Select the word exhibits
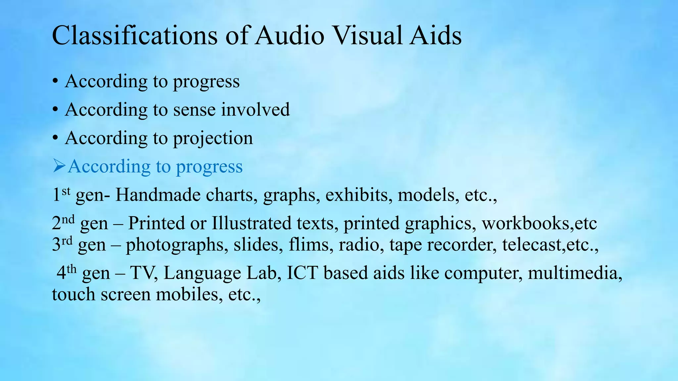click(x=357, y=195)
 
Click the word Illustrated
click(x=252, y=223)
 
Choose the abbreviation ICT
click(x=302, y=273)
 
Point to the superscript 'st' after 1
click(x=66, y=191)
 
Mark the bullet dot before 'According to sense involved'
click(x=55, y=109)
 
